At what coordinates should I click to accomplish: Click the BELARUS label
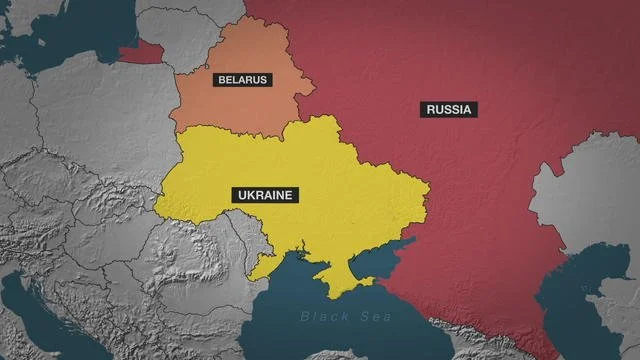241,79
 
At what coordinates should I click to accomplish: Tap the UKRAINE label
265,195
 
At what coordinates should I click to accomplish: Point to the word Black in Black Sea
318,317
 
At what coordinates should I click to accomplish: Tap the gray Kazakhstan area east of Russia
590,190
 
